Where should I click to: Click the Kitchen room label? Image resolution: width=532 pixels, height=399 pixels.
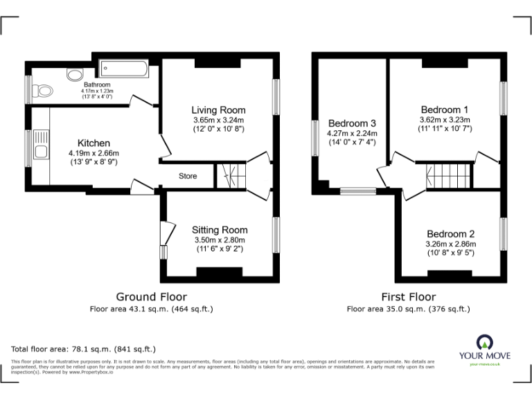pyautogui.click(x=94, y=143)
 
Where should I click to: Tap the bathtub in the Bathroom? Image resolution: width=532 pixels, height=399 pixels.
pyautogui.click(x=123, y=69)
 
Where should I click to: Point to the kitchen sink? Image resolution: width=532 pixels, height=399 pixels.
pyautogui.click(x=40, y=151)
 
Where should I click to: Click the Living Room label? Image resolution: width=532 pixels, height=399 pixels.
pyautogui.click(x=218, y=110)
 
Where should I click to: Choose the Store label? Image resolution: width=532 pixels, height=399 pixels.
pyautogui.click(x=188, y=176)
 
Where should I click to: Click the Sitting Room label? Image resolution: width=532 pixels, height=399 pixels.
pyautogui.click(x=220, y=230)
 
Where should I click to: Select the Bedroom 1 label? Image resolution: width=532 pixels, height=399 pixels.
pyautogui.click(x=445, y=109)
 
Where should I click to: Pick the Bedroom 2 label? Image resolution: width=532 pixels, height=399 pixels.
pyautogui.click(x=450, y=234)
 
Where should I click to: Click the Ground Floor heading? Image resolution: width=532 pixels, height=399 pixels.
pyautogui.click(x=151, y=297)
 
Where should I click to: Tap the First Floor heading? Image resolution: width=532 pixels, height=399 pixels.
pyautogui.click(x=408, y=297)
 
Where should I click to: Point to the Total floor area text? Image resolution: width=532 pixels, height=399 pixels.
pyautogui.click(x=84, y=349)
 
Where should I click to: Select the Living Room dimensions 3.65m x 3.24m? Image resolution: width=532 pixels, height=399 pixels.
pyautogui.click(x=218, y=120)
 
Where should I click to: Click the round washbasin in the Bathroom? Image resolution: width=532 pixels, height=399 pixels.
pyautogui.click(x=73, y=75)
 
